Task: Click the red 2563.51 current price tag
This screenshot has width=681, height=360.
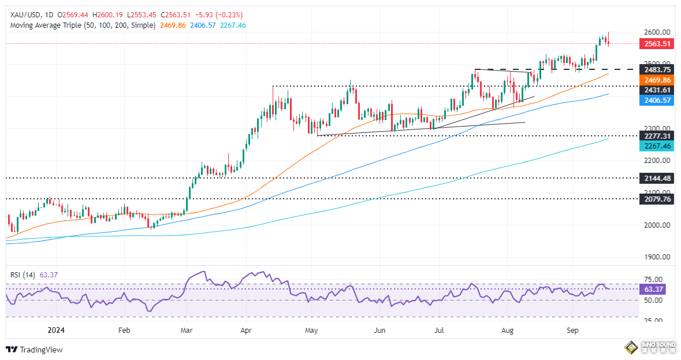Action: [x=658, y=43]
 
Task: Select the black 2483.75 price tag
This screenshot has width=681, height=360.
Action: [x=658, y=69]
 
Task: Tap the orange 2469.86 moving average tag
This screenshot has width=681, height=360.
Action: [x=658, y=80]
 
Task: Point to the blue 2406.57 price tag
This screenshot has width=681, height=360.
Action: [x=658, y=101]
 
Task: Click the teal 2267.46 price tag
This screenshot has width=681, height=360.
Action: [x=658, y=147]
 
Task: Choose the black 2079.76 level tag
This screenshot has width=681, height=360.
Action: [x=658, y=199]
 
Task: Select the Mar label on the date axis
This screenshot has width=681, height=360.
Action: [x=186, y=330]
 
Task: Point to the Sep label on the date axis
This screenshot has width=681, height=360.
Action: [x=572, y=330]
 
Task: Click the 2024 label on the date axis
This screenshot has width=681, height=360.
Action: [x=57, y=330]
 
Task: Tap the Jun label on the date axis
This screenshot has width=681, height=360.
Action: [x=379, y=330]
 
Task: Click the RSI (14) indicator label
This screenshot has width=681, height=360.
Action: [x=21, y=275]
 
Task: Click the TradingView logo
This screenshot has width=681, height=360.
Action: [x=34, y=350]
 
